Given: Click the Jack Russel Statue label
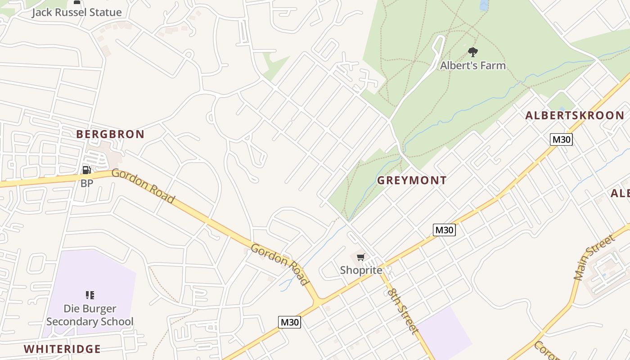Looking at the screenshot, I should coord(76,12).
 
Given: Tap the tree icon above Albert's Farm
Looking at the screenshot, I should coord(472,52).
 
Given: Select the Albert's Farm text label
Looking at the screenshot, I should coord(472,66).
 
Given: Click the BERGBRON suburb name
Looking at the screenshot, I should coord(110,134).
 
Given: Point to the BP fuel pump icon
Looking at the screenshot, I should coord(86,170).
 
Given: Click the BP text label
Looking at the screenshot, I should coord(86,183).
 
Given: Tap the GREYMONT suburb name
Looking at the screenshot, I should coord(412,180).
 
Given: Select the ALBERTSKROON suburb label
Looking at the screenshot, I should coord(575,116).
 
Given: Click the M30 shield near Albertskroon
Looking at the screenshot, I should coord(561,139).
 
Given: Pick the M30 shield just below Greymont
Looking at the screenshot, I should coord(444,230).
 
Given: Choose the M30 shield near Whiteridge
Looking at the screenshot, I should coord(289,322).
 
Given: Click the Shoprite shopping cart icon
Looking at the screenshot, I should coord(360,257).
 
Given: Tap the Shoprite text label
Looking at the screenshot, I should coord(361,270).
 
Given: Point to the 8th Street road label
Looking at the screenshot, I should coord(402,311).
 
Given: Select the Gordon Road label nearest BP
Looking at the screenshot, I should coord(143,186).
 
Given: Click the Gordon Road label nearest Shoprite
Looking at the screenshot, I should coord(280,265).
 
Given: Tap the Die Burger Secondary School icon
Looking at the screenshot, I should coord(90,295).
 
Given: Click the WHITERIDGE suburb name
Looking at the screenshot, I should coord(62,349).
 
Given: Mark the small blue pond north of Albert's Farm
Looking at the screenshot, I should coord(484,5).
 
